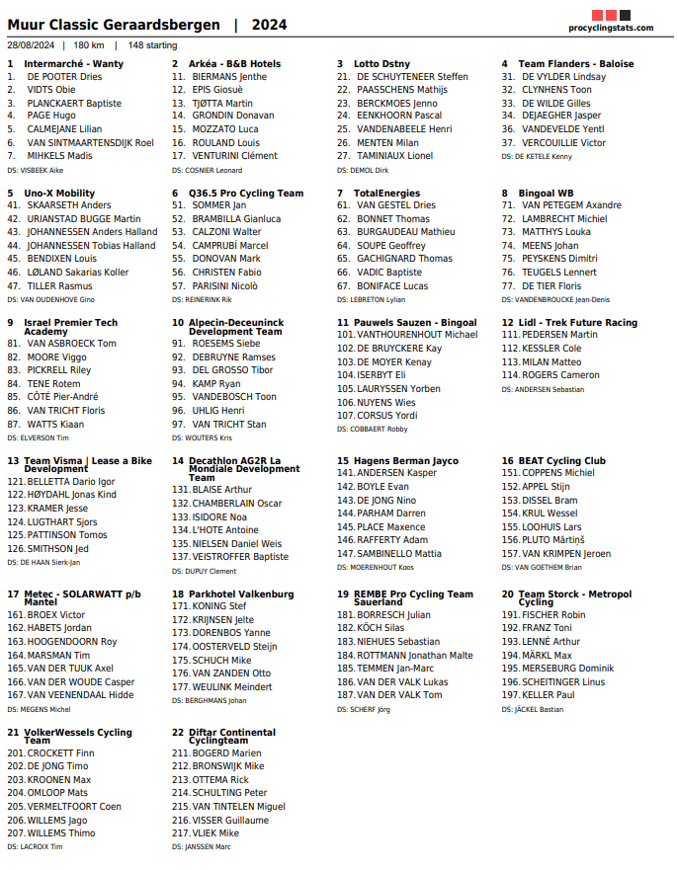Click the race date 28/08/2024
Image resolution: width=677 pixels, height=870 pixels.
click(x=31, y=45)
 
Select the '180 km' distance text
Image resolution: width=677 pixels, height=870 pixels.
click(x=89, y=45)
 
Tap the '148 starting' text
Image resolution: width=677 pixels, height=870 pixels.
click(x=153, y=45)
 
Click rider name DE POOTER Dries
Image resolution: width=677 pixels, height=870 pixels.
click(x=64, y=77)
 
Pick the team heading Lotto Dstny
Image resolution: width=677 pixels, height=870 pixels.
click(x=381, y=64)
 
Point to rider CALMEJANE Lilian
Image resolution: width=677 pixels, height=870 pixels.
click(x=64, y=129)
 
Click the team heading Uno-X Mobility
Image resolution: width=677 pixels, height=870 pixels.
click(x=59, y=194)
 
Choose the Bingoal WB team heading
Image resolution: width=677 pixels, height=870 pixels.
click(x=546, y=194)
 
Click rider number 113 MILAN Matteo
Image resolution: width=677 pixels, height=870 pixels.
click(x=551, y=362)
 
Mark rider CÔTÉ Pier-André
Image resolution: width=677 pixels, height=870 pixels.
click(x=62, y=397)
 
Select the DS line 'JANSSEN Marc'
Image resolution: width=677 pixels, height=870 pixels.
click(x=209, y=847)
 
